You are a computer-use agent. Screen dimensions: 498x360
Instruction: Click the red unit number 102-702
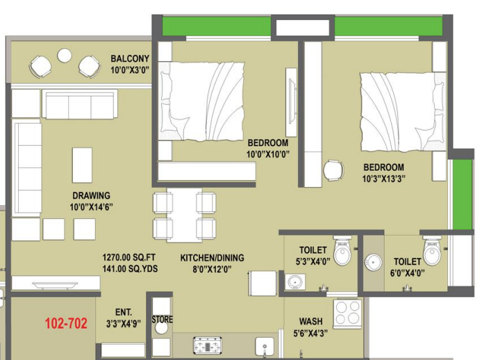(66, 323)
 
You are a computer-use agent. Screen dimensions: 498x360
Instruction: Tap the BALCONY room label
(130, 58)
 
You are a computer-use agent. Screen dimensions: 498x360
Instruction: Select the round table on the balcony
(65, 56)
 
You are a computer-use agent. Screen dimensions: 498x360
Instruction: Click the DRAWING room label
(91, 195)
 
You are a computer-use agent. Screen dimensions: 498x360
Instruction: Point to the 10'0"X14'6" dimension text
(91, 207)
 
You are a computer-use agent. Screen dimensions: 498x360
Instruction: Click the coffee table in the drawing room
(82, 165)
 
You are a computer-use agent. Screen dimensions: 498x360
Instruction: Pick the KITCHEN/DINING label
(212, 258)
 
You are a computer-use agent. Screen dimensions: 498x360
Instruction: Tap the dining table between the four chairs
(185, 215)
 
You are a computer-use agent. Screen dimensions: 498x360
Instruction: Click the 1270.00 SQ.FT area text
(129, 257)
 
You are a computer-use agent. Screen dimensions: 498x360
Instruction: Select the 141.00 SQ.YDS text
(130, 269)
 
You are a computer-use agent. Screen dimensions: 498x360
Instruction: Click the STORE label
(163, 319)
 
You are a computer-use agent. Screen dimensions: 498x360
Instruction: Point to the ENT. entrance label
(124, 312)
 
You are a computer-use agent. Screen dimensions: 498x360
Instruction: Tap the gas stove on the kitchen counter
(208, 345)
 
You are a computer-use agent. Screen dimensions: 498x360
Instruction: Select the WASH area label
(310, 322)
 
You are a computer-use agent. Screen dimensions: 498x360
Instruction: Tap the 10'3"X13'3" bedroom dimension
(383, 179)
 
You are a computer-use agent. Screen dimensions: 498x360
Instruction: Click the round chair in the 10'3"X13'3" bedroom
(333, 171)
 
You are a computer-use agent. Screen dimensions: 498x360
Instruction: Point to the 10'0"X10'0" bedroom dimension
(268, 154)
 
